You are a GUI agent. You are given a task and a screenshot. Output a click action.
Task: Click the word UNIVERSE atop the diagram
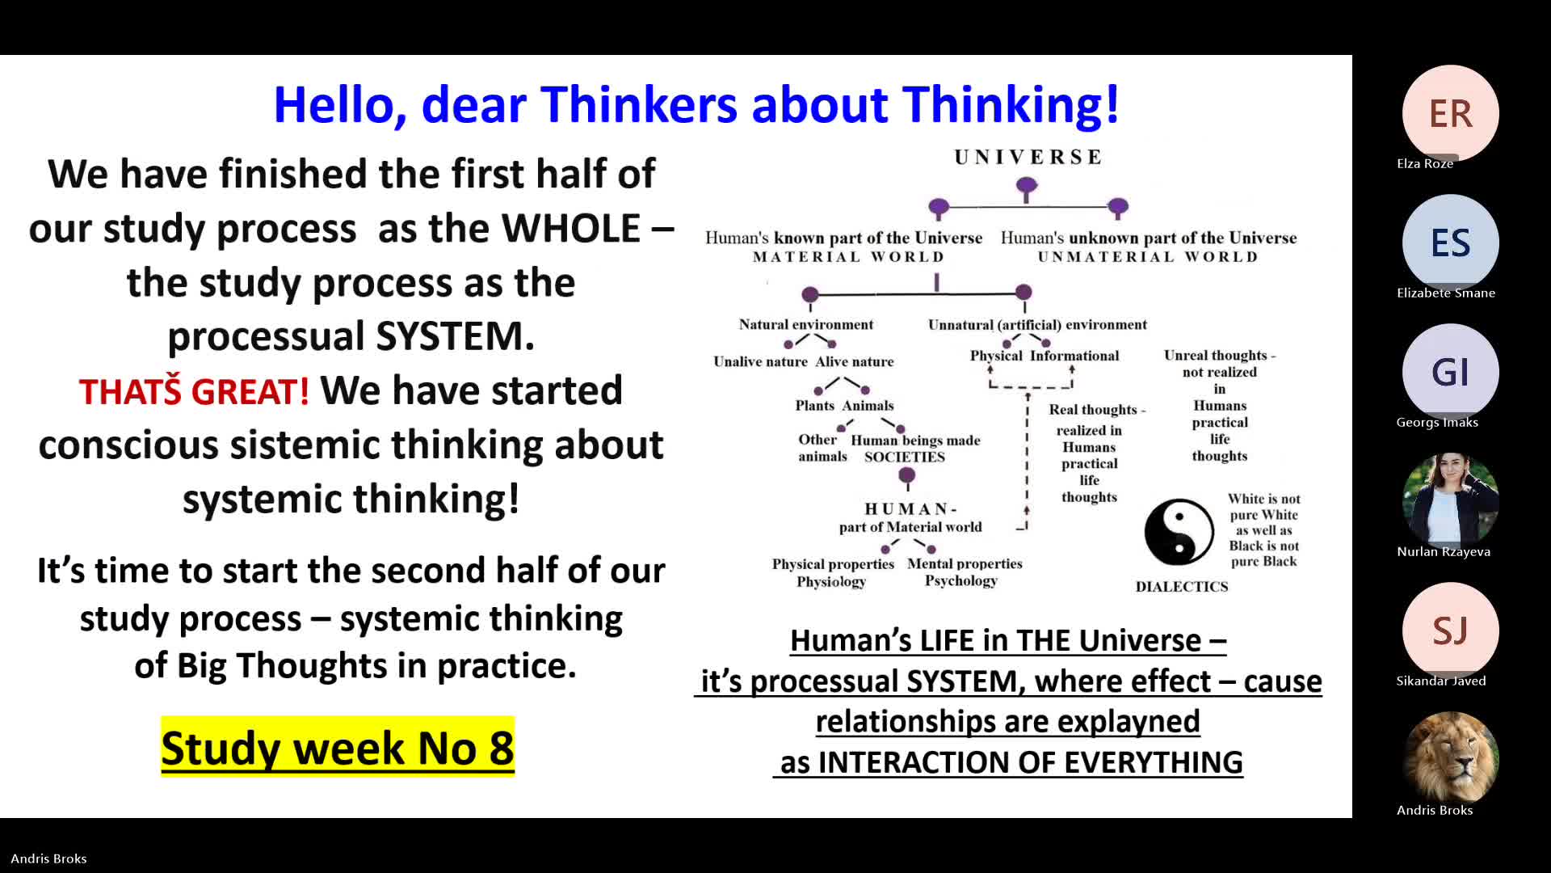click(1028, 157)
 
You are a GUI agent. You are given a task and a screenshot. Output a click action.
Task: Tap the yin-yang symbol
click(1179, 532)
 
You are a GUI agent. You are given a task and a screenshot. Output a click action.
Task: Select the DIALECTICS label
click(1182, 587)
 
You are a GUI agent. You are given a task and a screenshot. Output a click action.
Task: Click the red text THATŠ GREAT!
click(194, 391)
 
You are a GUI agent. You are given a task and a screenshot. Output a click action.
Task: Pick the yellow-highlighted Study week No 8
click(338, 747)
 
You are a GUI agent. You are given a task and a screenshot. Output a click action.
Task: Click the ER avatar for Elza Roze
click(1451, 113)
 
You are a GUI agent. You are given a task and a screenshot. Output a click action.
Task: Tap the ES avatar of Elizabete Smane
click(1451, 242)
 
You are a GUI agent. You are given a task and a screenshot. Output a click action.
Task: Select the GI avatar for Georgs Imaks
click(1451, 372)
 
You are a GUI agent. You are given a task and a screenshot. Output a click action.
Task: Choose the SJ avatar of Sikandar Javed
click(1451, 630)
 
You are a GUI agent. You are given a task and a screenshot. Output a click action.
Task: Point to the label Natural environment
click(806, 324)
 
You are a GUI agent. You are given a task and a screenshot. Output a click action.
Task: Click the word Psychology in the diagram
click(961, 581)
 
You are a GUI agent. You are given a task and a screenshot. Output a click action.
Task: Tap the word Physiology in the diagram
click(831, 582)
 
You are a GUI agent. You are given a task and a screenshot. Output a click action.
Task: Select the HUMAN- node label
click(910, 508)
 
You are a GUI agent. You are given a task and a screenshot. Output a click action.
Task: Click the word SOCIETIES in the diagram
click(905, 457)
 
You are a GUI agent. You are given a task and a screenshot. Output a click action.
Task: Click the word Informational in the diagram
click(1074, 356)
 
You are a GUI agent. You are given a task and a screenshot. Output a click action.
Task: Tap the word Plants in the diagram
click(814, 406)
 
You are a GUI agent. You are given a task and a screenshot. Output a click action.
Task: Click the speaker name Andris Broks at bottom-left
click(48, 858)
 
